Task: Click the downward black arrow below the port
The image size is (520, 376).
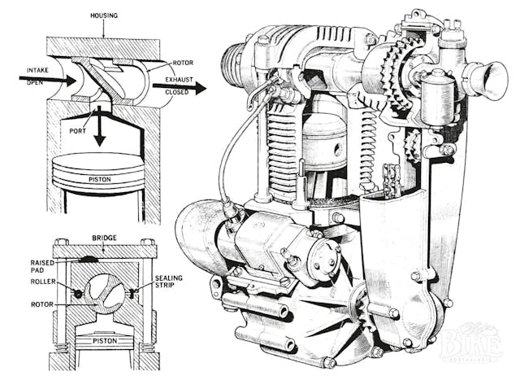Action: pos(98,128)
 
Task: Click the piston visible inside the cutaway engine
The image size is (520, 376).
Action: pos(325,138)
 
